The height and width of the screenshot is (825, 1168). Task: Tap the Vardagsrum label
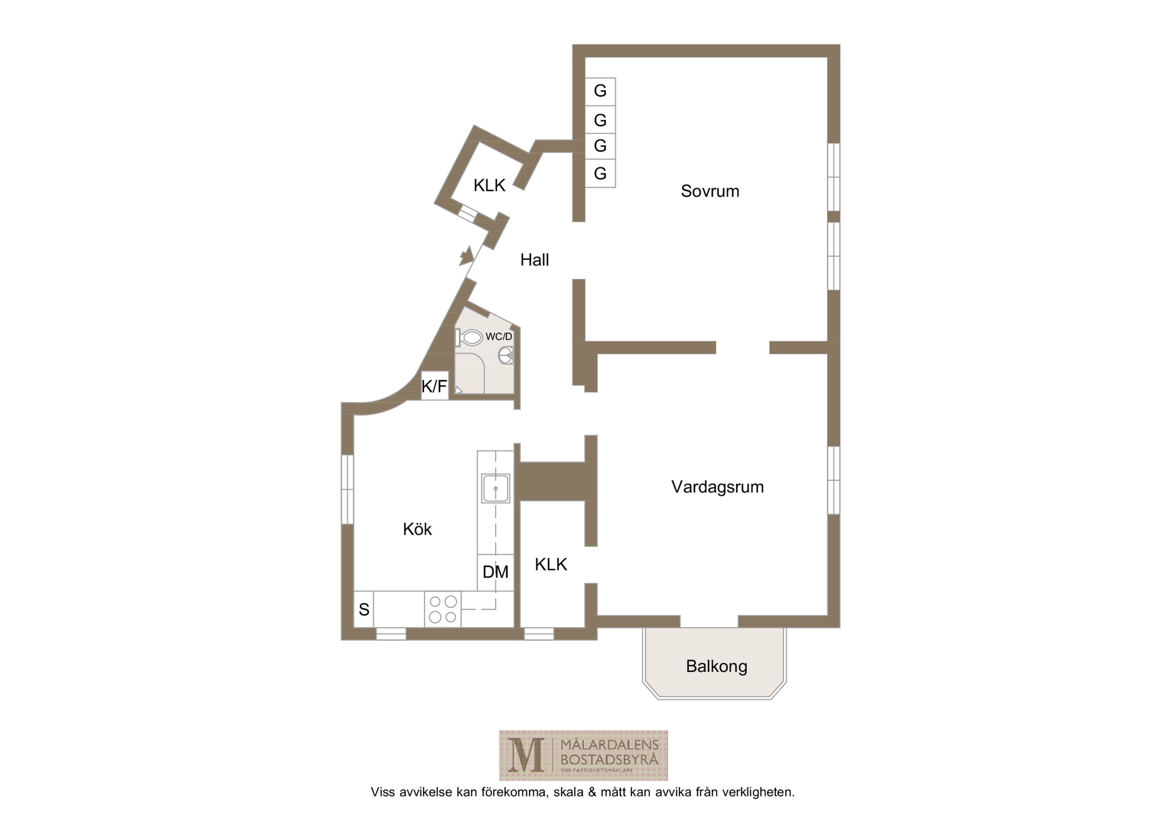pyautogui.click(x=717, y=487)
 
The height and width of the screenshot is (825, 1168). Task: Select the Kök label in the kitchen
pyautogui.click(x=417, y=529)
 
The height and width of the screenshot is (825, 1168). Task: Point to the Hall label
pyautogui.click(x=534, y=260)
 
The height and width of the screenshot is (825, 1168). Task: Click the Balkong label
pyautogui.click(x=716, y=666)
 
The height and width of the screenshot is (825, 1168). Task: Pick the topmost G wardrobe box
pyautogui.click(x=600, y=92)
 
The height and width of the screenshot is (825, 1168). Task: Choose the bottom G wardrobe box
pyautogui.click(x=600, y=173)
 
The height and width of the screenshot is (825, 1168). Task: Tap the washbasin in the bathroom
pyautogui.click(x=506, y=355)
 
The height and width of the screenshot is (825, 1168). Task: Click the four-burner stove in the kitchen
pyautogui.click(x=442, y=609)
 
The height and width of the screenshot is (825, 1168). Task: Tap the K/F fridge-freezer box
pyautogui.click(x=434, y=386)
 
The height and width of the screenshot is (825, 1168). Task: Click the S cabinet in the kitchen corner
pyautogui.click(x=364, y=609)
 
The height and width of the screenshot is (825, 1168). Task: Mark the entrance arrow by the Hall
pyautogui.click(x=467, y=256)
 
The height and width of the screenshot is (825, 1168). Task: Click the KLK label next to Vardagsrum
pyautogui.click(x=551, y=565)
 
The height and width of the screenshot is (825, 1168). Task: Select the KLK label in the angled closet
pyautogui.click(x=489, y=186)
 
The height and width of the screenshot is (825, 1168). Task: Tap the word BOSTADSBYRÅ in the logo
pyautogui.click(x=609, y=760)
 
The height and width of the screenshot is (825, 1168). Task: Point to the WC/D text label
pyautogui.click(x=499, y=337)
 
